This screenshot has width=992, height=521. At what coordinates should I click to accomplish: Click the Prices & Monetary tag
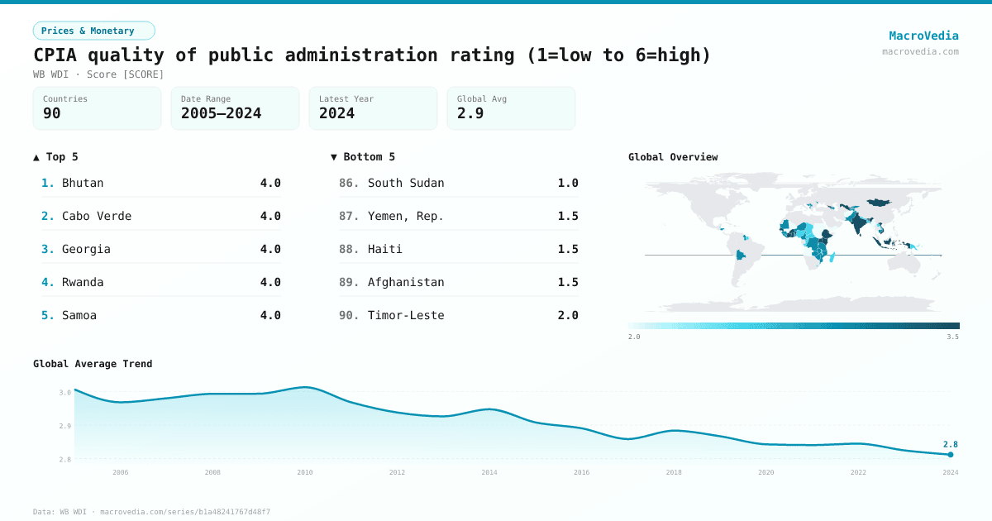point(93,31)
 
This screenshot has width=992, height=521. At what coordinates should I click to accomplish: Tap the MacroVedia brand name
point(923,36)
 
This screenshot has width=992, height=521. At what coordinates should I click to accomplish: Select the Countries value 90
point(52,113)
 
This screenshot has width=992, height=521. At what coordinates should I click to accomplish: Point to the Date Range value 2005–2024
point(221,113)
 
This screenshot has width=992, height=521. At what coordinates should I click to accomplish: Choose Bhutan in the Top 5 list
point(83,183)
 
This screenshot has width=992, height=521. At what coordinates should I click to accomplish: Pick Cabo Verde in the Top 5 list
point(97,216)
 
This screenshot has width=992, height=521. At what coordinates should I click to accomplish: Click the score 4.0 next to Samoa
point(270,315)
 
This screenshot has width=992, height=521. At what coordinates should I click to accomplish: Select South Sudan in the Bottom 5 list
point(406,183)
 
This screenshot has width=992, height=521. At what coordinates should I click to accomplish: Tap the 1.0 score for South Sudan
point(568,183)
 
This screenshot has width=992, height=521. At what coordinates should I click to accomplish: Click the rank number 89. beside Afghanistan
point(349,282)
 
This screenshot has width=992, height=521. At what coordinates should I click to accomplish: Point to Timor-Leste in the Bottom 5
point(406,315)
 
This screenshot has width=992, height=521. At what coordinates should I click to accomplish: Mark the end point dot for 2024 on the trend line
point(951,454)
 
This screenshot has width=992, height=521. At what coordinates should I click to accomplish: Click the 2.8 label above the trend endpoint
point(951,444)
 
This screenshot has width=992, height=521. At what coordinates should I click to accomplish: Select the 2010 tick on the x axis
point(305,472)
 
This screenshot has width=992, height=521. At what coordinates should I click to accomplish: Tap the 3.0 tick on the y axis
point(64,392)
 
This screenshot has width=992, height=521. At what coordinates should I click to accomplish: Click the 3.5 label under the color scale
point(953,337)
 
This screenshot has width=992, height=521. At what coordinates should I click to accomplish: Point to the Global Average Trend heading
point(93,364)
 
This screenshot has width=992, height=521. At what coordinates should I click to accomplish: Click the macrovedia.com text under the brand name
point(920,51)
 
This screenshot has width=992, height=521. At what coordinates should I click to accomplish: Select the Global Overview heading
point(673,157)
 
